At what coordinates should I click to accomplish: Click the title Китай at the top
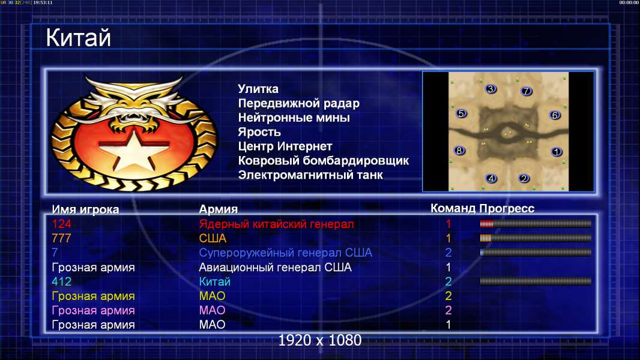coord(78,38)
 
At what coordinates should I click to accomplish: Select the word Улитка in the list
coord(258,89)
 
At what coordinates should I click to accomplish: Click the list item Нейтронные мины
coord(294,118)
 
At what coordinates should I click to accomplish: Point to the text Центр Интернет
coord(285,146)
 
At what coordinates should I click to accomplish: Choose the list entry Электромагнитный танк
coord(310,175)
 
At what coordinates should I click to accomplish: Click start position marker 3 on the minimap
coord(491,89)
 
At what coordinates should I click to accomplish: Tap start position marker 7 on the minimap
coord(526,91)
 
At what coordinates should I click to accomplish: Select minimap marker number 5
coord(461,113)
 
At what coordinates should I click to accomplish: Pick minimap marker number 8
coord(459,151)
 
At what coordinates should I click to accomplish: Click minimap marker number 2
coord(524,178)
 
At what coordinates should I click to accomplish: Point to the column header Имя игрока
coord(85,209)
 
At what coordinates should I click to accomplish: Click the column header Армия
coord(218,209)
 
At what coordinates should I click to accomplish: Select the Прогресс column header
coord(507,209)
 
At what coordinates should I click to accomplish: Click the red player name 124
coord(61,224)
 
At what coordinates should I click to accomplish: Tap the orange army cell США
coord(213,239)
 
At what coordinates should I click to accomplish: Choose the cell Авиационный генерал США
coord(275,268)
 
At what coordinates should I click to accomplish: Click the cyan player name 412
coord(62,282)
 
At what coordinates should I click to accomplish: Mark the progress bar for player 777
coord(536,238)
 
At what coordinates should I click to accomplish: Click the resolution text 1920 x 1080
coord(319,340)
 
